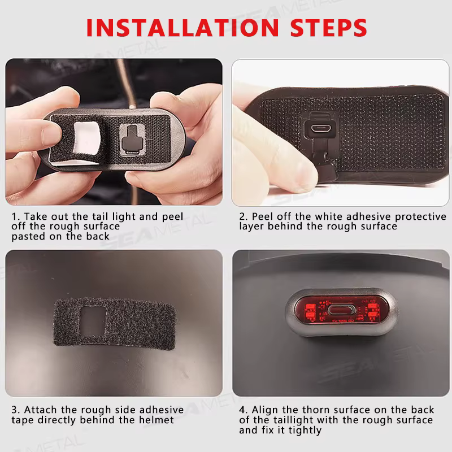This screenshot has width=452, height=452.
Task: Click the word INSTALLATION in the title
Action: point(182,28)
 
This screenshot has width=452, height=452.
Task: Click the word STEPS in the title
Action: point(329,28)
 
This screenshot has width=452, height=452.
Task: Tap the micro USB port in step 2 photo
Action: point(319,128)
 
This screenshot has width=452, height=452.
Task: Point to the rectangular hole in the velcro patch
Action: point(93,321)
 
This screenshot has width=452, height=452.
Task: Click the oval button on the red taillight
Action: point(342,310)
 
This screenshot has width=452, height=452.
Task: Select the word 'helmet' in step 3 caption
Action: point(157,420)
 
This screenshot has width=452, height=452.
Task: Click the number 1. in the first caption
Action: point(16,216)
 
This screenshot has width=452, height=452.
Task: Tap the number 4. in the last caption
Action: point(243,410)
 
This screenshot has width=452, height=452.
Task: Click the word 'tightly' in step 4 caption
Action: point(305,430)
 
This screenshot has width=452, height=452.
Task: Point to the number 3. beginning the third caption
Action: point(16,410)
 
